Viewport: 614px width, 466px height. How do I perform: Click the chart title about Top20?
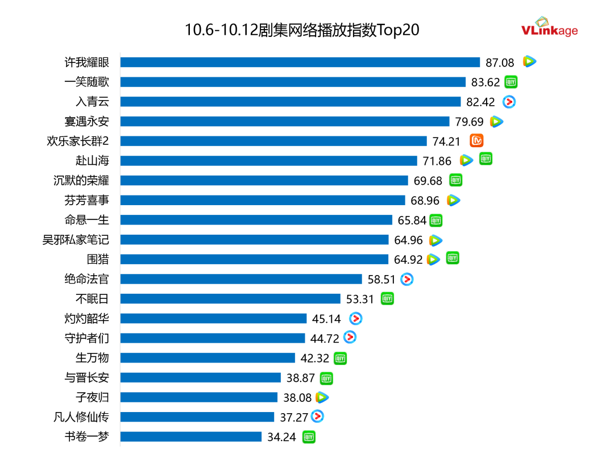[302, 30]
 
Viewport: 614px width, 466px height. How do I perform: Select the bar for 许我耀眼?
[300, 62]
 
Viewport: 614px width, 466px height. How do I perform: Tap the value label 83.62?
[486, 82]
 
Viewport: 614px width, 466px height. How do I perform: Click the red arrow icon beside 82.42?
[509, 102]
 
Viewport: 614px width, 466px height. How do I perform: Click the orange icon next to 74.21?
[476, 140]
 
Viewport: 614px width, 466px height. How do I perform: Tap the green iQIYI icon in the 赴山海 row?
[486, 159]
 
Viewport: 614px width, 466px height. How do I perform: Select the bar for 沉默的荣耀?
[264, 181]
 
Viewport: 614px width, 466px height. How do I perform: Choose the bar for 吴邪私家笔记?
[254, 240]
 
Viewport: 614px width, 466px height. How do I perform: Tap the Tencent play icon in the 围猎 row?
[433, 260]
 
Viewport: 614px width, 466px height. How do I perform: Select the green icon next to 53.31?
[387, 298]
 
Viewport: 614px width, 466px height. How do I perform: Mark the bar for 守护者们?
[213, 338]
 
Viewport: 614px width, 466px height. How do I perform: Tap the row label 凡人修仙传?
[81, 417]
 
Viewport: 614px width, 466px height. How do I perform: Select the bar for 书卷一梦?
[190, 437]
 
